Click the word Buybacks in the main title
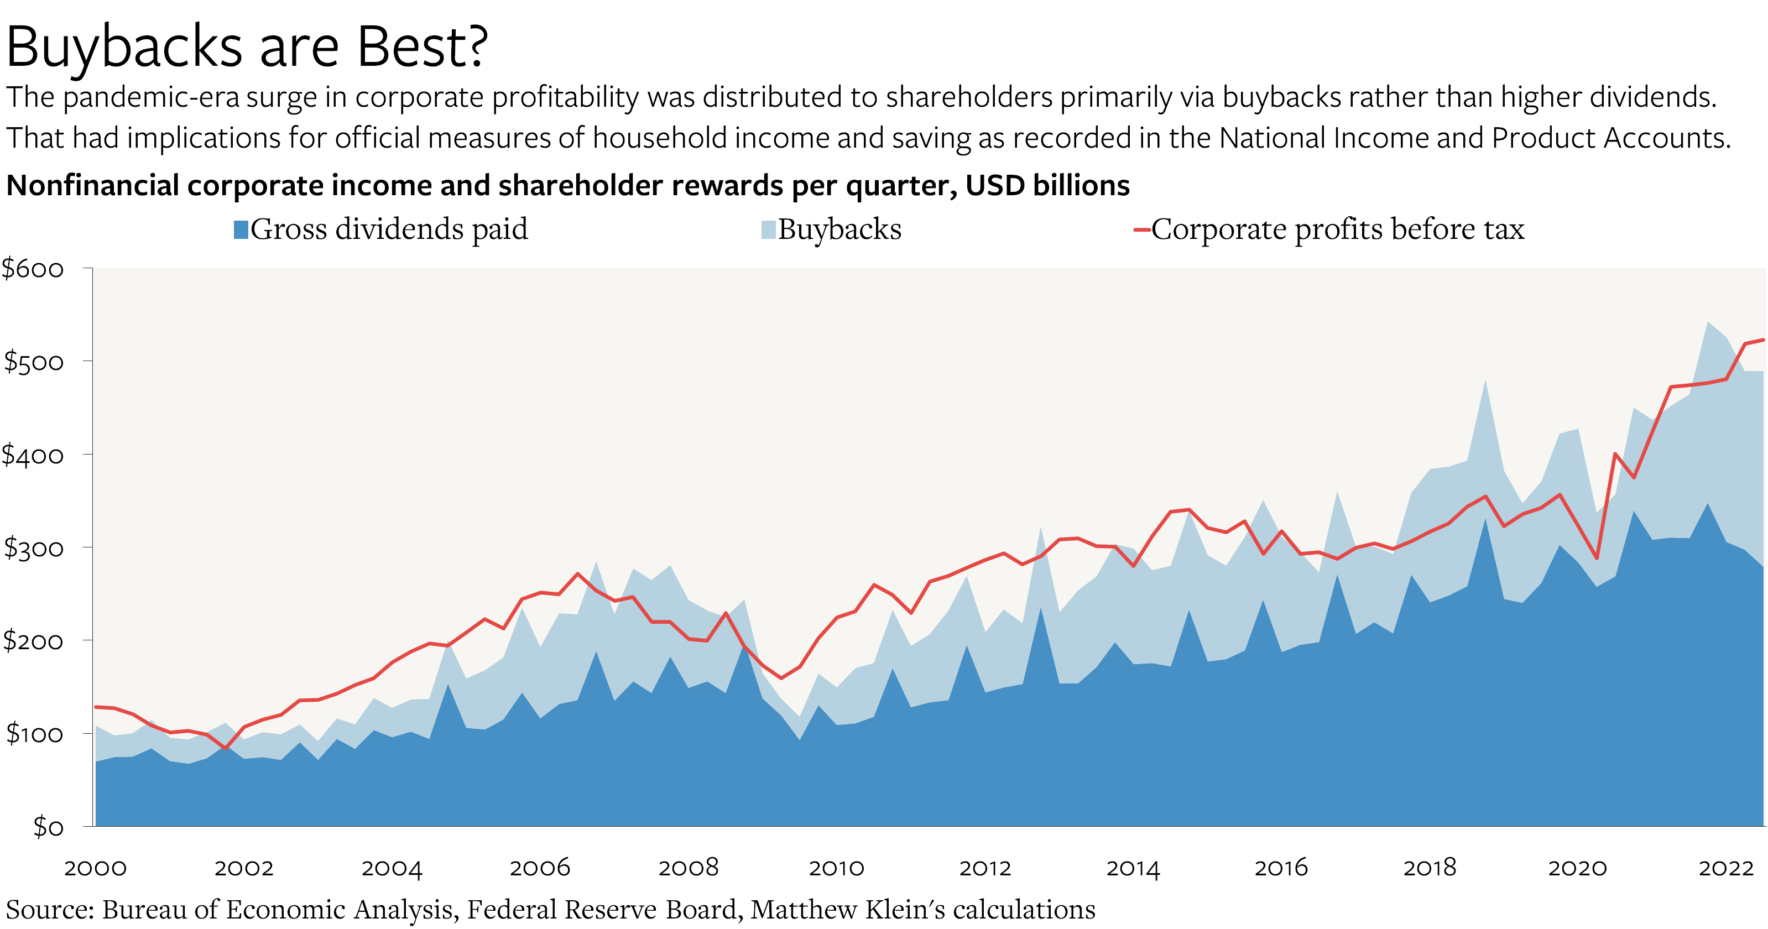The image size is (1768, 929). [x=123, y=46]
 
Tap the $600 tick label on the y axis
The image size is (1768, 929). [x=33, y=269]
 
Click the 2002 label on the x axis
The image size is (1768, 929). [x=244, y=868]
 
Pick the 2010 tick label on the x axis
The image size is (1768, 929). [x=836, y=868]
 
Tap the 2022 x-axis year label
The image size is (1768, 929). [x=1725, y=868]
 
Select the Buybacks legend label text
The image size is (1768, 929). [x=839, y=229]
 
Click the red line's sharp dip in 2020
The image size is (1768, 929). [x=1598, y=558]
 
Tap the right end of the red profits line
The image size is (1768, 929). [x=1762, y=340]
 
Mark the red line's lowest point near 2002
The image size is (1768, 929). [x=225, y=748]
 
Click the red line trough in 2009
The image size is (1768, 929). [x=781, y=678]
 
